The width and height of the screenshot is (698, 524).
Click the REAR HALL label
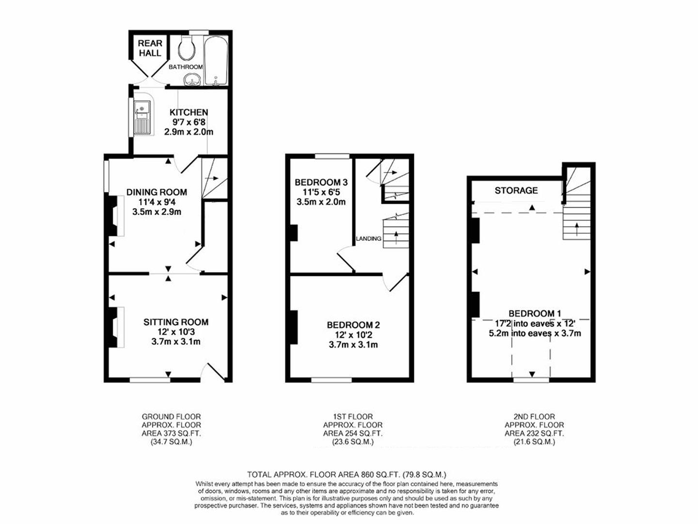[150, 48]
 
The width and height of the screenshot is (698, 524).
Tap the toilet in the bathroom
[187, 48]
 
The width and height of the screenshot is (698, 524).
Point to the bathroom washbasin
[193, 80]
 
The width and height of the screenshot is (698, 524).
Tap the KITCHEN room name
[189, 112]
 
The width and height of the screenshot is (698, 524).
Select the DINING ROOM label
[157, 192]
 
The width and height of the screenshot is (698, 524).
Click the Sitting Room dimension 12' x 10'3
[175, 332]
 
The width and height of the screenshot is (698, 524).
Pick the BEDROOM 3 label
[321, 182]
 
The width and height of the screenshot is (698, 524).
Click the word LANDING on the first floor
[368, 239]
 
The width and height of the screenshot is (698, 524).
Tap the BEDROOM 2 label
[353, 325]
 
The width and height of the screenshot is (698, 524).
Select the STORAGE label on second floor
[516, 190]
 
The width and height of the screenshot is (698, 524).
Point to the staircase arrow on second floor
[576, 227]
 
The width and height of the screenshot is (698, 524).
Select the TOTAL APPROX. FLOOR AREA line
[346, 475]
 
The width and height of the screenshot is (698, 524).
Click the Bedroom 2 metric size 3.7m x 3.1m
[353, 345]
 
